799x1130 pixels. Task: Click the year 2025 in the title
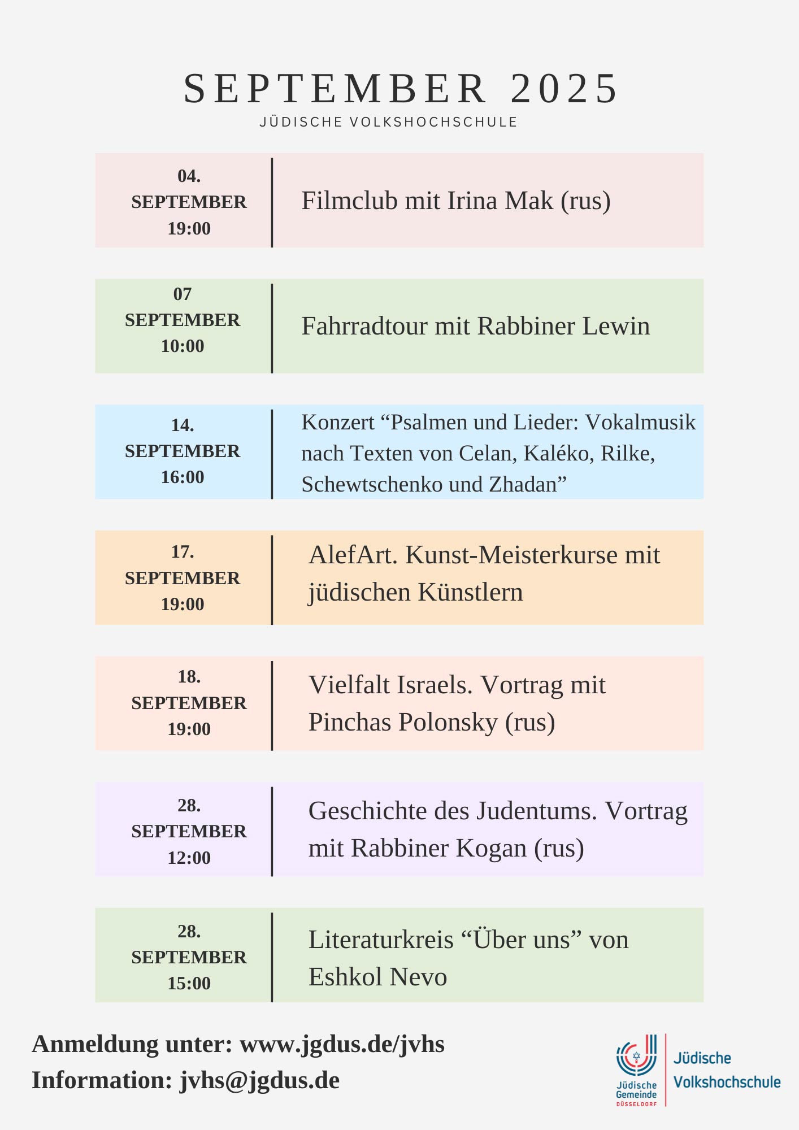click(564, 89)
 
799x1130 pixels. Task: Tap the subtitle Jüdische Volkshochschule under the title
click(389, 122)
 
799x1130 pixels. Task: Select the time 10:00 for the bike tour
click(183, 346)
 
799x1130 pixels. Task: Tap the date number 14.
click(182, 425)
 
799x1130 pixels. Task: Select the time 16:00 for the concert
click(183, 477)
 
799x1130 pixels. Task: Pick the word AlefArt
click(353, 555)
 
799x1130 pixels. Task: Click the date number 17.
click(182, 551)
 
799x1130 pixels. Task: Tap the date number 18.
click(189, 677)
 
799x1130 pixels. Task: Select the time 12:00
click(189, 858)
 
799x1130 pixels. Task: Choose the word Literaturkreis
click(381, 940)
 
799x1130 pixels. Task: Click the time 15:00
click(189, 983)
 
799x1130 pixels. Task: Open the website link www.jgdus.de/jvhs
click(342, 1044)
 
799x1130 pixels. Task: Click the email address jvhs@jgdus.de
click(259, 1080)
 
